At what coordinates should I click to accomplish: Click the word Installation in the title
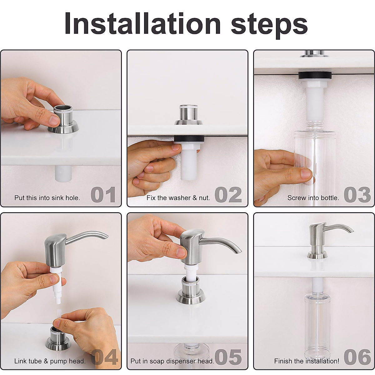[x=142, y=24]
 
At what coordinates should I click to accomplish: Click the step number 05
[x=228, y=357]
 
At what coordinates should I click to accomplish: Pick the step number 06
[x=357, y=357]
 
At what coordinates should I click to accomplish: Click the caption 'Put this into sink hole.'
[x=47, y=198]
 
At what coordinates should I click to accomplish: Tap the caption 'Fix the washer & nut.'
[x=178, y=198]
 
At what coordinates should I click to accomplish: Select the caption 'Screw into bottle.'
[x=313, y=198]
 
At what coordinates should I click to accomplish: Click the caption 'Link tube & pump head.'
[x=50, y=361]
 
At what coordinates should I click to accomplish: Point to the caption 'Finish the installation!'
[x=307, y=361]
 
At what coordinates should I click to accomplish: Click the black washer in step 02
[x=189, y=138]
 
